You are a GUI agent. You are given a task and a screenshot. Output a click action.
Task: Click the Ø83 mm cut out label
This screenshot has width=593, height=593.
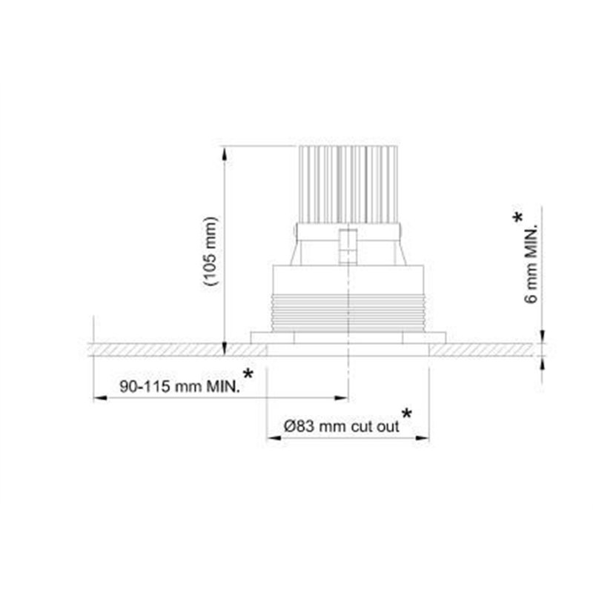pos(342,426)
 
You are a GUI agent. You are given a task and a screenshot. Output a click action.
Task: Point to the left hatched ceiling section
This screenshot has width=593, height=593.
pos(163,348)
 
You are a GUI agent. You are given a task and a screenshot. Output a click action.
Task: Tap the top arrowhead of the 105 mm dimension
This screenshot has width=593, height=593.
pos(225,153)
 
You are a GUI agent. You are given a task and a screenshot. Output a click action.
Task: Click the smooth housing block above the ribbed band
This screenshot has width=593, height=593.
pos(348,279)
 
